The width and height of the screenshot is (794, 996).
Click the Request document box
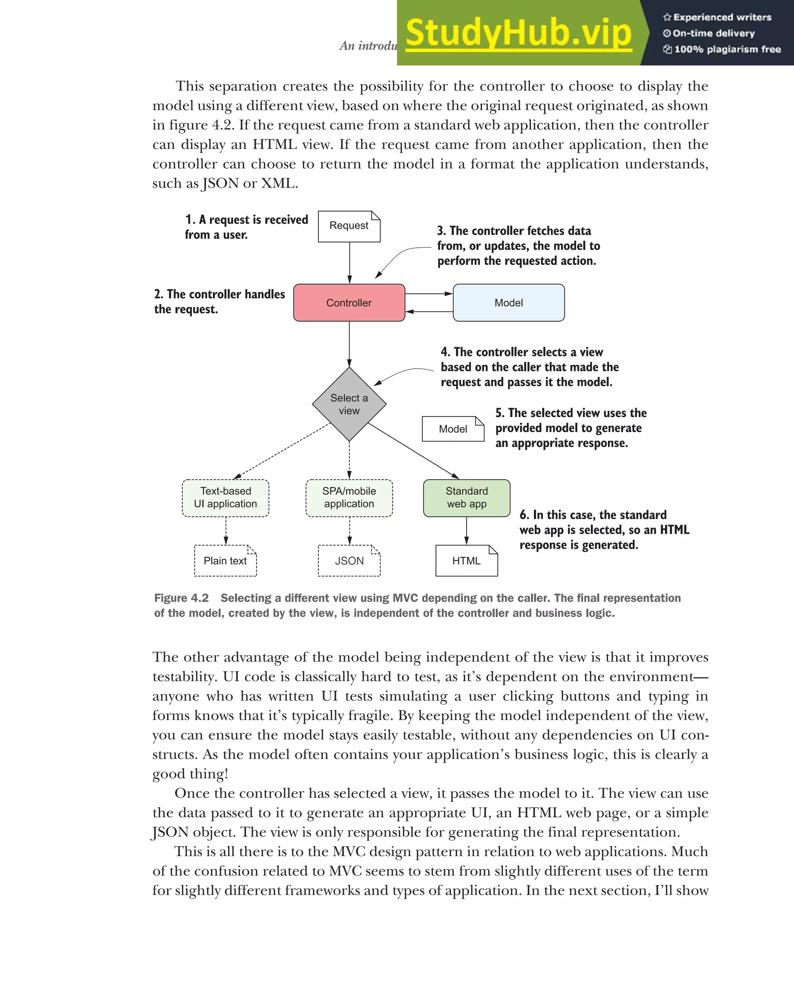click(x=349, y=226)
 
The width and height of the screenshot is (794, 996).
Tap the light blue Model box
click(x=509, y=302)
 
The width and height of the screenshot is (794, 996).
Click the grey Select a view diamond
click(x=349, y=404)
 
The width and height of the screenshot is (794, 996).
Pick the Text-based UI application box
click(x=225, y=497)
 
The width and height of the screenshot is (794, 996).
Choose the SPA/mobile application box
click(x=349, y=497)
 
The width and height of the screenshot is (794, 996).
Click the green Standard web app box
click(x=466, y=497)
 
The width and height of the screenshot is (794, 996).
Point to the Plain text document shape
click(x=225, y=561)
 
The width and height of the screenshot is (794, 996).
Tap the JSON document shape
click(x=349, y=561)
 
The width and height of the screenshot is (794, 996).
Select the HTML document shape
click(x=466, y=561)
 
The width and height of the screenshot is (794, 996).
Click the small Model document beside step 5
click(x=453, y=429)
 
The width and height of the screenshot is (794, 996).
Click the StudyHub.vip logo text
click(x=518, y=33)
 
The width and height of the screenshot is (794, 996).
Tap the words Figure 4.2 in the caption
click(x=181, y=598)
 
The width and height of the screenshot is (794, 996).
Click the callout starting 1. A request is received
click(x=246, y=227)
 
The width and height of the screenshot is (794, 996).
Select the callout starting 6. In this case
click(x=604, y=530)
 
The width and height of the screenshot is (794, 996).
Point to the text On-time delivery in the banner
click(x=713, y=33)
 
